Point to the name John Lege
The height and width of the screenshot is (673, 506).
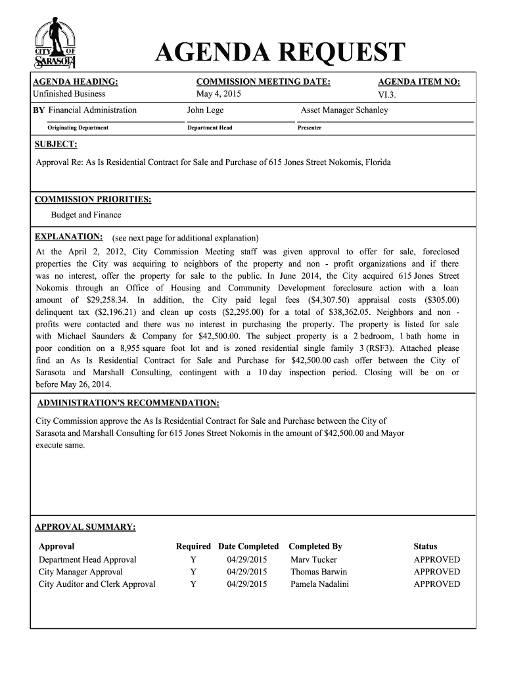[x=205, y=110]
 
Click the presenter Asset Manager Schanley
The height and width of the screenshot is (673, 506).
[x=344, y=110]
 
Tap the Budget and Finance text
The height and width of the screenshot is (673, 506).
[x=86, y=215]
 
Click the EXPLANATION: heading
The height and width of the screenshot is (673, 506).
[x=68, y=237]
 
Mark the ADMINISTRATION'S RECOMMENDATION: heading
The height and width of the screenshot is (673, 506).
[x=128, y=402]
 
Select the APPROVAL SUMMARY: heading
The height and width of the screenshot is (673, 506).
[x=85, y=527]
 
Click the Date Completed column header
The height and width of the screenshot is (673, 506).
[x=248, y=546]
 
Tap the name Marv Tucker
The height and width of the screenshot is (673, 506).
[x=313, y=559]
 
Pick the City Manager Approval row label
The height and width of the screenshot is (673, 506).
[x=81, y=572]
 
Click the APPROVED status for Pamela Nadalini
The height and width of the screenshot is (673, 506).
[x=436, y=584]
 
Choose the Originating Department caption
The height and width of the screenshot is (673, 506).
[x=78, y=128]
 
